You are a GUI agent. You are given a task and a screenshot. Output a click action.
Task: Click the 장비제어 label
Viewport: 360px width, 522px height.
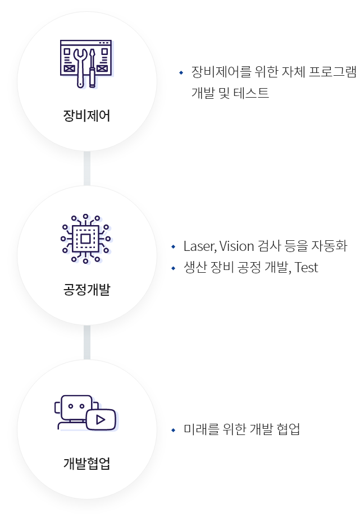(x=86, y=116)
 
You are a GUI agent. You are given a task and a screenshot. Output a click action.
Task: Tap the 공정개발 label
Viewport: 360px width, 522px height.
(x=86, y=290)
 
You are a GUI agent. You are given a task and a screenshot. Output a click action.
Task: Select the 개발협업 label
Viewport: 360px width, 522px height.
(x=86, y=464)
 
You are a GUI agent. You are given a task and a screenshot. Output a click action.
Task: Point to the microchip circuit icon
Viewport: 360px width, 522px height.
(x=86, y=239)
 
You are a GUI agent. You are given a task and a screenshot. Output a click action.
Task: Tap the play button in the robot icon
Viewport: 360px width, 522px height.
(x=101, y=419)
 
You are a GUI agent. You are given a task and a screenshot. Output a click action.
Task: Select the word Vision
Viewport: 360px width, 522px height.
(x=237, y=246)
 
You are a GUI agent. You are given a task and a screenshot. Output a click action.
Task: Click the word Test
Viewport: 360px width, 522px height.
(x=306, y=268)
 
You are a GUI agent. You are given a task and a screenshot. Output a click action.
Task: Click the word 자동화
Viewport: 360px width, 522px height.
(x=329, y=246)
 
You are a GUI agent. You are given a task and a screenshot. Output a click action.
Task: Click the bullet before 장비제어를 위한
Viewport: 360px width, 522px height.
(x=181, y=73)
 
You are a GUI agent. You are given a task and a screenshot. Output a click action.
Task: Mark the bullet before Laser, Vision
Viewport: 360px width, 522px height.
(x=174, y=247)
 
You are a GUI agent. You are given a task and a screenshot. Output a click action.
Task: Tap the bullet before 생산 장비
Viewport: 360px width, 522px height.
(x=174, y=268)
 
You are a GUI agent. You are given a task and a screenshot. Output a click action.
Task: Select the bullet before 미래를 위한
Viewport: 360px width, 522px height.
(x=174, y=431)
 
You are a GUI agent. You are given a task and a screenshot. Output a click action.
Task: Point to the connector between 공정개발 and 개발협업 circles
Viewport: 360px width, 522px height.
(x=86, y=342)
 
